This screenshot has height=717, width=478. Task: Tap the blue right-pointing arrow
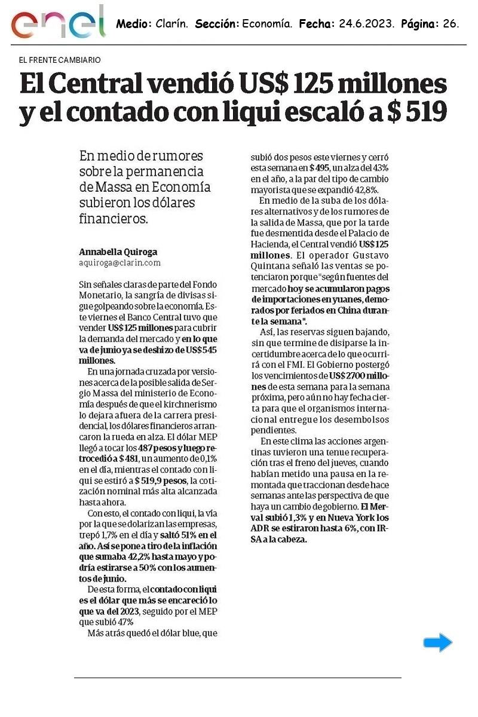[437, 643]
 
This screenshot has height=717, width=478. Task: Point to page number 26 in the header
[450, 24]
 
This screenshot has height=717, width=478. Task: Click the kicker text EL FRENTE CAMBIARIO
[60, 60]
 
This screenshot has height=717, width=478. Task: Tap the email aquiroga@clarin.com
[119, 262]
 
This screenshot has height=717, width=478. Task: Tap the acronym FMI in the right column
[310, 364]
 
